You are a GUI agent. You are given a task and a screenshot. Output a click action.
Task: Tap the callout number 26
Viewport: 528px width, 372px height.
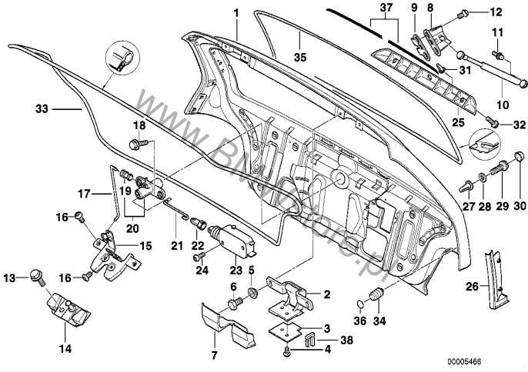pyautogui.click(x=471, y=287)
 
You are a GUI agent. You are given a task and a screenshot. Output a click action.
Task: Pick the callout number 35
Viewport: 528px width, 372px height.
pyautogui.click(x=299, y=56)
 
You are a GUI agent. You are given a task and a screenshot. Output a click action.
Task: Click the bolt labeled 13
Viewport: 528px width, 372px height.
pyautogui.click(x=35, y=276)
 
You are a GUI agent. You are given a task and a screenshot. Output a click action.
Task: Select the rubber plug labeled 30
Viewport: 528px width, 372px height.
pyautogui.click(x=516, y=163)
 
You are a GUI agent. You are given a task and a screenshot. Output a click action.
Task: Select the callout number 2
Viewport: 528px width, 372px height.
pyautogui.click(x=327, y=294)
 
